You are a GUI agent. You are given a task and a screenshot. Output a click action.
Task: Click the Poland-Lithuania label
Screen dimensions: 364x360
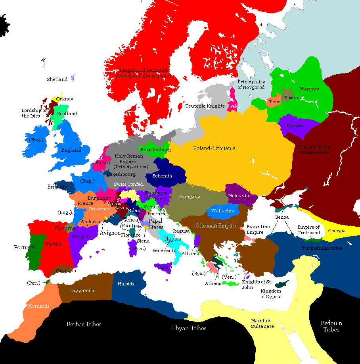tap(214, 148)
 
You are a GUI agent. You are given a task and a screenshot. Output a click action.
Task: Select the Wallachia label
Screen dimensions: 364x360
tap(223, 211)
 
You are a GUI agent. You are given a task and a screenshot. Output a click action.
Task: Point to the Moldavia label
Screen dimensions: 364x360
tap(239, 196)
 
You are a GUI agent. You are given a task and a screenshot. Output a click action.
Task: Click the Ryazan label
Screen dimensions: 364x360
tap(296, 125)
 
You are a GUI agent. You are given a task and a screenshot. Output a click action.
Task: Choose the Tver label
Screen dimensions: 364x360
tap(274, 102)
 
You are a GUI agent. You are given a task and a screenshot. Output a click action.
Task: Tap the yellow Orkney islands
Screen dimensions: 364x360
tap(54, 100)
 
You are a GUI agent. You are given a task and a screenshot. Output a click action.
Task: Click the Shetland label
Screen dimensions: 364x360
tap(57, 79)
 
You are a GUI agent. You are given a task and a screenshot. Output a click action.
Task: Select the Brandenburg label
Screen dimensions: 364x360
tap(156, 150)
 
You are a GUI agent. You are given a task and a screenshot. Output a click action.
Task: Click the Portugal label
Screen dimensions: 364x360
tap(25, 247)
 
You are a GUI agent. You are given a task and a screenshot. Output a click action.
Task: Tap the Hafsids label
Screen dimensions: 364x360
tap(126, 284)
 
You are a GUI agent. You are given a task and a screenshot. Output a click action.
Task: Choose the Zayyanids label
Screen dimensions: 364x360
tap(82, 291)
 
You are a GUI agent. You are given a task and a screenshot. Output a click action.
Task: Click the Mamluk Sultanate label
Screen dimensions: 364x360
tap(262, 324)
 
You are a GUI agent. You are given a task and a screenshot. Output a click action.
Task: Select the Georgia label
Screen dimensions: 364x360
tap(337, 231)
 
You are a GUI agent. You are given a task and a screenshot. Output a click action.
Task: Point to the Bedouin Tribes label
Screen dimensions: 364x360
tap(331, 326)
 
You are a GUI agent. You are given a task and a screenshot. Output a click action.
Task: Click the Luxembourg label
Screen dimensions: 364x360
tap(121, 174)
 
